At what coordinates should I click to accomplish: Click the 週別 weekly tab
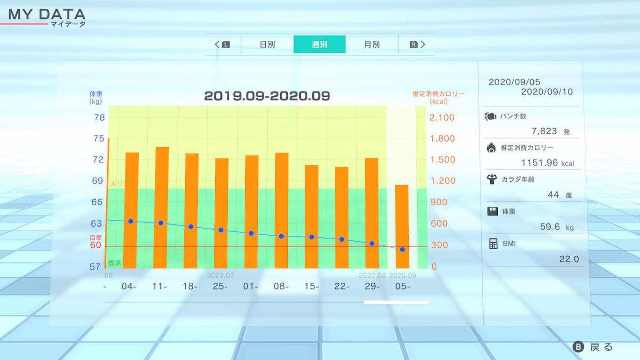pyautogui.click(x=320, y=44)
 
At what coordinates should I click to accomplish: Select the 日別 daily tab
pyautogui.click(x=267, y=44)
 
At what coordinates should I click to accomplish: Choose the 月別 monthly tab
pyautogui.click(x=372, y=44)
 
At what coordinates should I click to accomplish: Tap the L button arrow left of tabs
pyautogui.click(x=223, y=44)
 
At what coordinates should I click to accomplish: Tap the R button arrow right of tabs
pyautogui.click(x=417, y=44)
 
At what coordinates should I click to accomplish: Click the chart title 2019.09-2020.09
pyautogui.click(x=267, y=96)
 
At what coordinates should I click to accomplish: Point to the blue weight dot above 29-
pyautogui.click(x=372, y=244)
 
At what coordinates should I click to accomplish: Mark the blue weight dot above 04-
pyautogui.click(x=131, y=221)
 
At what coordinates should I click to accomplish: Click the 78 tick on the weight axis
pyautogui.click(x=100, y=117)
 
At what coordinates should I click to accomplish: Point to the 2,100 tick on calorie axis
pyautogui.click(x=442, y=117)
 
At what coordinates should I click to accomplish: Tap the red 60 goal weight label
pyautogui.click(x=96, y=245)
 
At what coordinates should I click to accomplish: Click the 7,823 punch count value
pyautogui.click(x=544, y=131)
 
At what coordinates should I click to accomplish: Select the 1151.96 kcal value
pyautogui.click(x=540, y=163)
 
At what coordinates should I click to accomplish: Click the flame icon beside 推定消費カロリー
pyautogui.click(x=491, y=148)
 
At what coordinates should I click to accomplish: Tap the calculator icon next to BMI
pyautogui.click(x=493, y=244)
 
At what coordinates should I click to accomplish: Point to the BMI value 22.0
pyautogui.click(x=569, y=259)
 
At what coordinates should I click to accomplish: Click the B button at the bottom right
pyautogui.click(x=579, y=347)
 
